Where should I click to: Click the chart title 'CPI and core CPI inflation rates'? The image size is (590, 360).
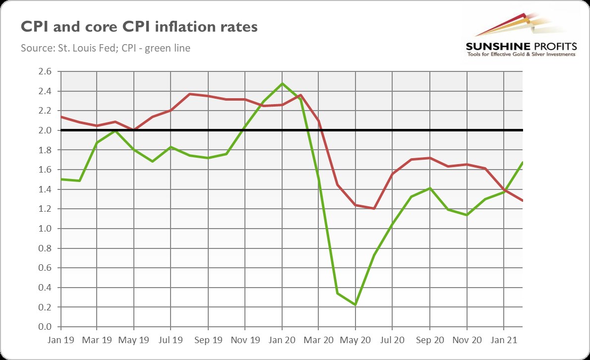click(139, 26)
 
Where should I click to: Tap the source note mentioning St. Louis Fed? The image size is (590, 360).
click(106, 48)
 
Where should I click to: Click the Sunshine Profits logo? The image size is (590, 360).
click(521, 35)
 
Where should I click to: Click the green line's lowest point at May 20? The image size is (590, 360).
click(355, 304)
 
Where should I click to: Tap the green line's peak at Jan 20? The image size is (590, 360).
click(282, 83)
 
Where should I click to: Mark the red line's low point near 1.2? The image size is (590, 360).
click(374, 209)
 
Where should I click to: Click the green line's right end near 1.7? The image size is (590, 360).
click(522, 163)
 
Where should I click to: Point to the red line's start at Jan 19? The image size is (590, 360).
click(60, 117)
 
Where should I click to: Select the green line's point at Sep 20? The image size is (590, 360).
click(429, 188)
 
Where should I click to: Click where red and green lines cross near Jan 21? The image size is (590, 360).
click(505, 190)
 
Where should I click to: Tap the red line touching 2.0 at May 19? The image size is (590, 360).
click(134, 130)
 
